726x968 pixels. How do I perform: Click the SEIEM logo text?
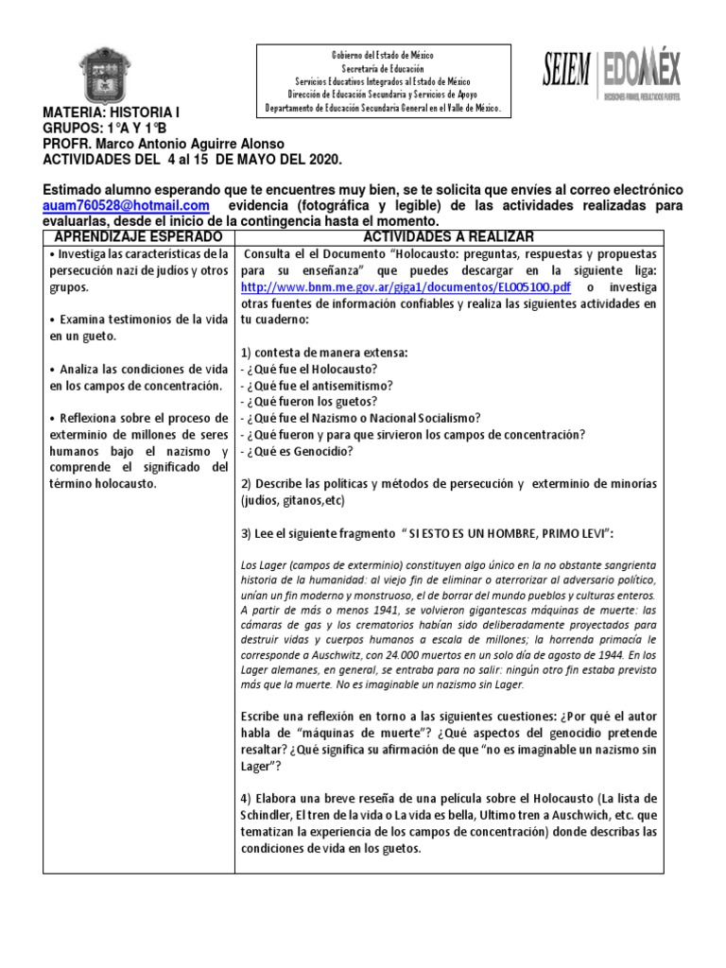click(x=566, y=72)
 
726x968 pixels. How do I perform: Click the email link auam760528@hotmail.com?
click(x=126, y=205)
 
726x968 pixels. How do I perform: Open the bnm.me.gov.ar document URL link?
click(x=406, y=286)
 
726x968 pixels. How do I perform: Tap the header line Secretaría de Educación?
click(x=383, y=69)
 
